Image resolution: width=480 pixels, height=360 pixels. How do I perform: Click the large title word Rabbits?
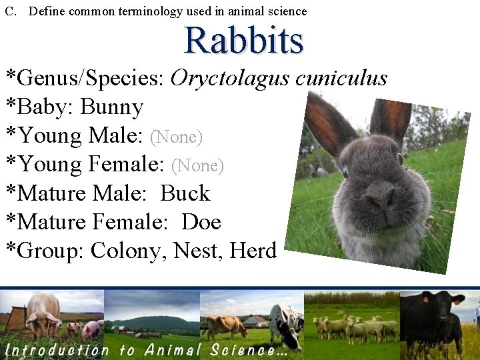tap(243, 40)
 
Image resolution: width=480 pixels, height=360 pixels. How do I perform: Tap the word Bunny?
tap(112, 107)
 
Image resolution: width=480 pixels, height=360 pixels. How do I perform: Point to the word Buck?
tap(185, 193)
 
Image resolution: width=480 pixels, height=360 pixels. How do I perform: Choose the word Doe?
tap(201, 222)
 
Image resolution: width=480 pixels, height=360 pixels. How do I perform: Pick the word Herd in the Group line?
tap(253, 251)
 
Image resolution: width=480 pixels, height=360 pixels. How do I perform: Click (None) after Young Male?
tap(177, 137)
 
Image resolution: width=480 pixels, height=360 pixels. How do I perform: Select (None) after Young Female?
tap(198, 165)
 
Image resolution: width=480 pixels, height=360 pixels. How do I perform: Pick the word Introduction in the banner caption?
tap(57, 349)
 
